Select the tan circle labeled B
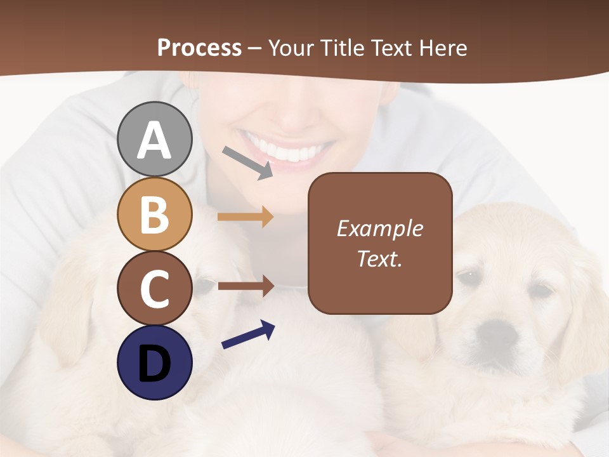click(154, 214)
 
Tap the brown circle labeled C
click(154, 289)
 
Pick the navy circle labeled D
click(154, 362)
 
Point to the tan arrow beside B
click(246, 217)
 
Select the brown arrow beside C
click(246, 286)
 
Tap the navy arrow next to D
click(248, 334)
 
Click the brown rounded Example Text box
click(380, 243)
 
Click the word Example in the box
click(379, 228)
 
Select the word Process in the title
click(199, 48)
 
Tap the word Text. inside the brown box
click(379, 258)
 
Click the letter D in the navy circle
click(154, 364)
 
